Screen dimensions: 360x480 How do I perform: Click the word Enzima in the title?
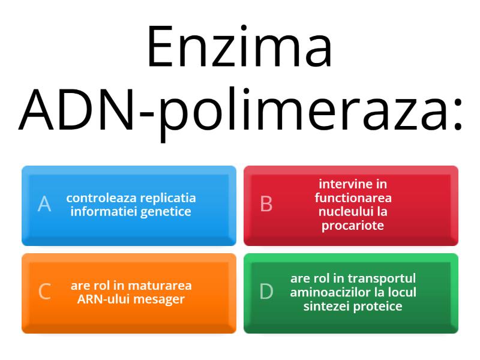[239, 47]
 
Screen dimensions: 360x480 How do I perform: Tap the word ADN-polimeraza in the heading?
[241, 109]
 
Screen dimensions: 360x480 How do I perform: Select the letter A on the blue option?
[44, 204]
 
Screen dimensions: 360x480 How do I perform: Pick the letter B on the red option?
[266, 204]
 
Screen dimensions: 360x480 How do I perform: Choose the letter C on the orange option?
[44, 292]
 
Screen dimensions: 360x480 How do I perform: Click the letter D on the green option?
[266, 292]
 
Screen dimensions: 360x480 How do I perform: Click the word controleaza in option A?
[97, 197]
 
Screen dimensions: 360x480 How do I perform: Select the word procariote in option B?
[353, 226]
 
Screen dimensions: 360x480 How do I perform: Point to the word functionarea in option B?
[353, 198]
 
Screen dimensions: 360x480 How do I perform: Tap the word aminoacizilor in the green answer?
[326, 292]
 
